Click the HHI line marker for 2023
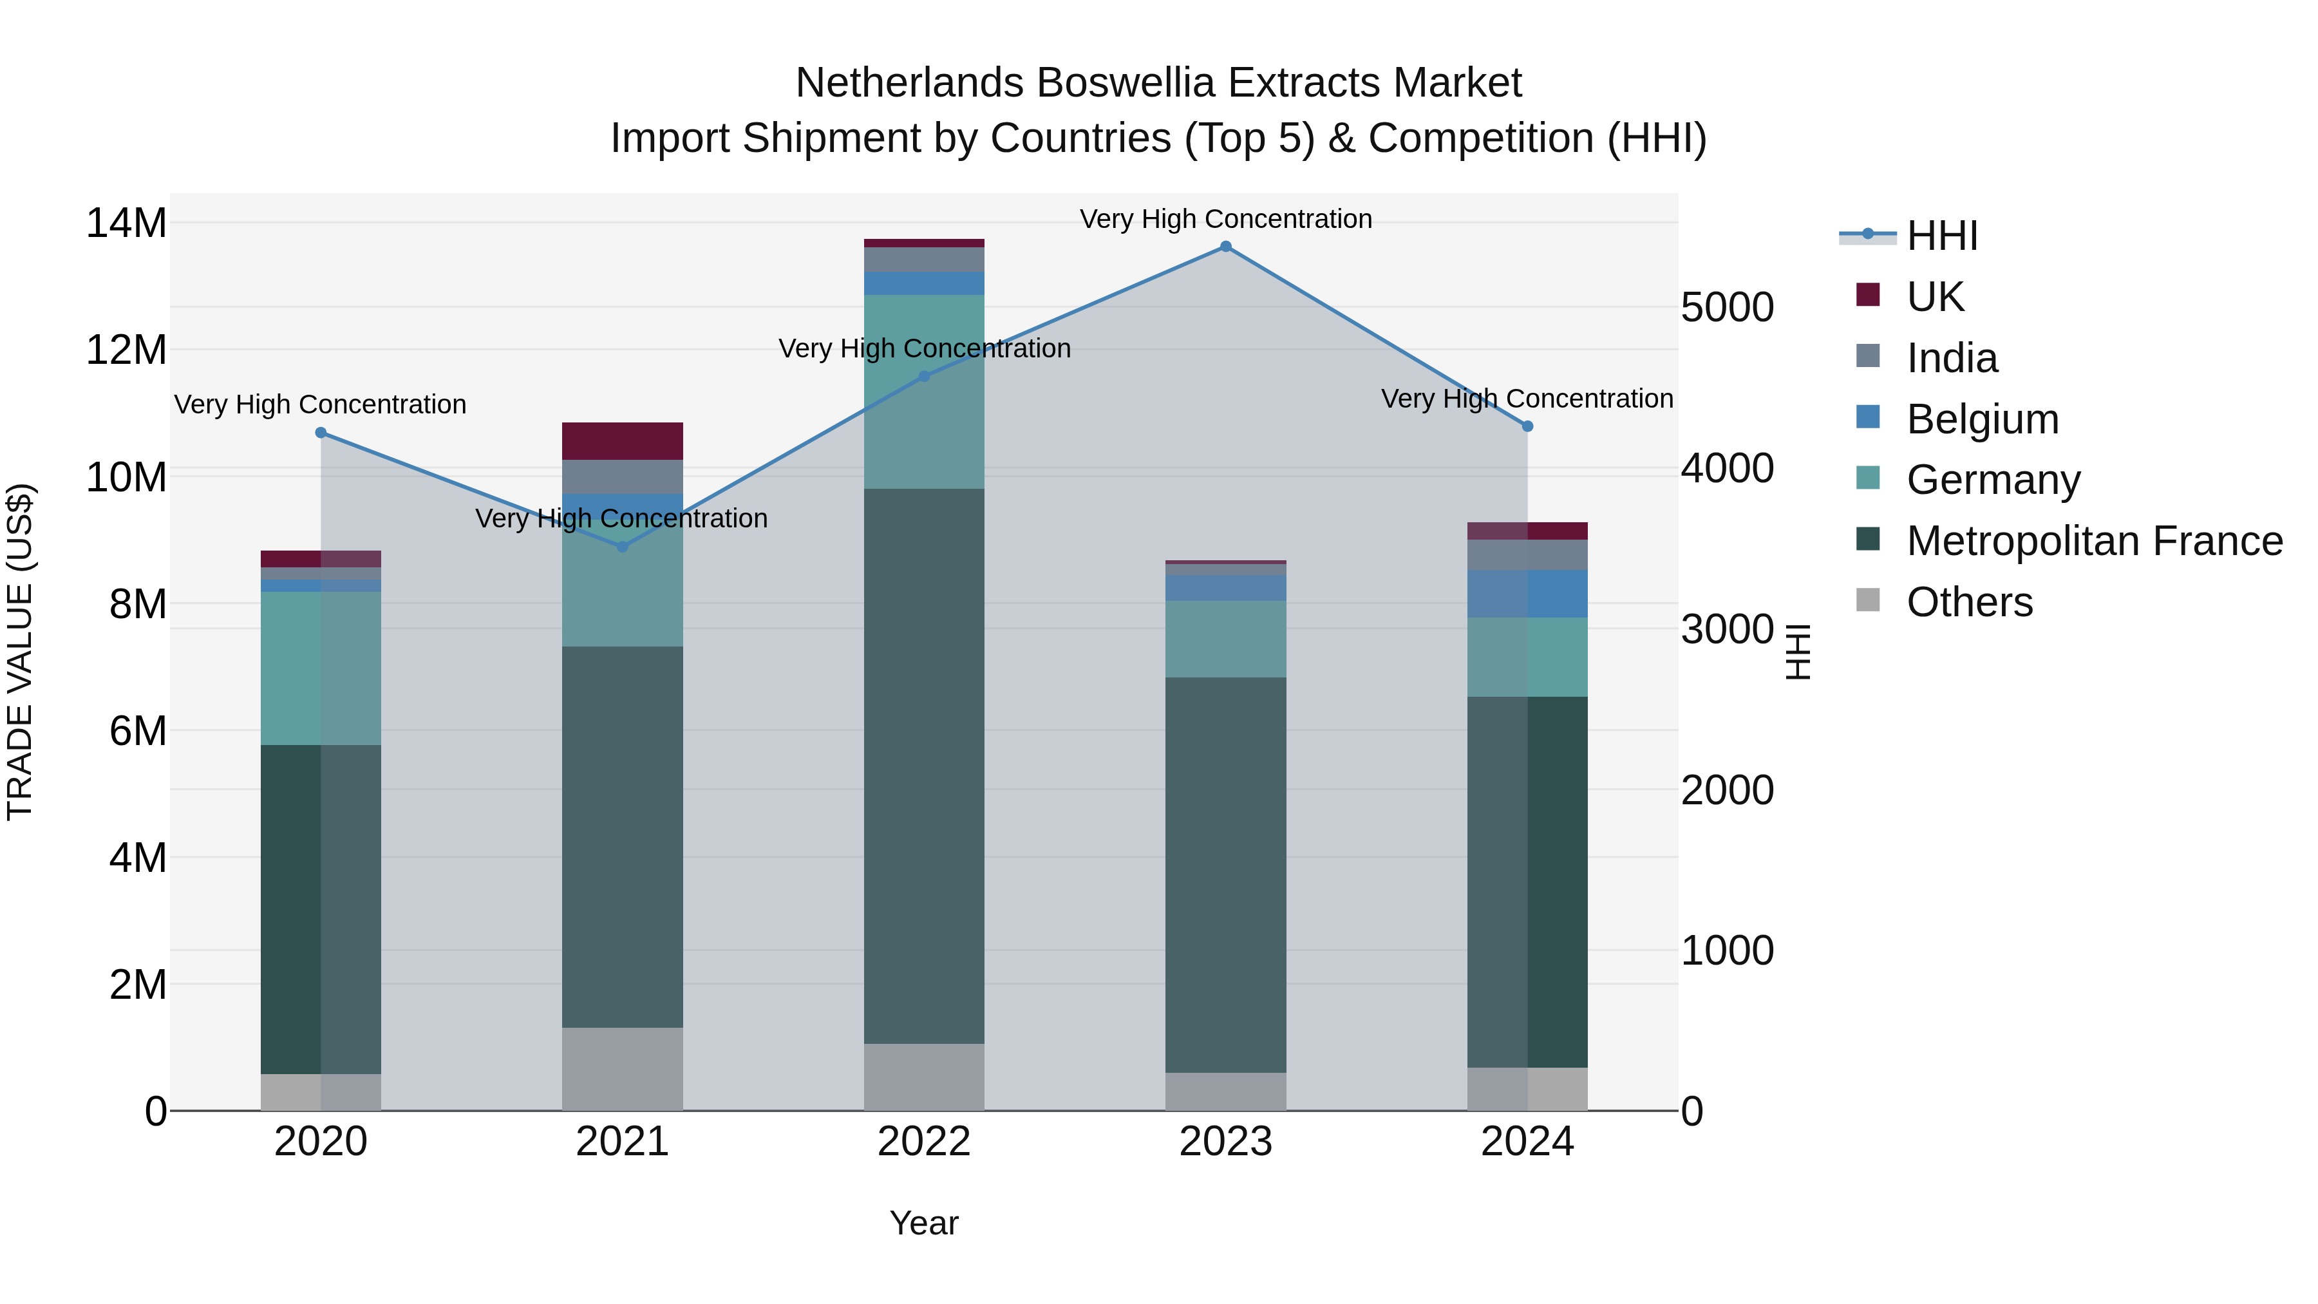click(x=1225, y=247)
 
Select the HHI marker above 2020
click(x=321, y=433)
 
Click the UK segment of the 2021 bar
click(x=623, y=441)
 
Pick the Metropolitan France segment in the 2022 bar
click(x=924, y=765)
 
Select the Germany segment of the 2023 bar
click(x=1225, y=639)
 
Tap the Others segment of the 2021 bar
click(x=623, y=1068)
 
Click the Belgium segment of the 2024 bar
click(x=1527, y=594)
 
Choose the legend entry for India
click(x=1951, y=358)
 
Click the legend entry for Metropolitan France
click(x=2093, y=541)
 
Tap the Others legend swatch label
click(x=1969, y=602)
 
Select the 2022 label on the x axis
click(x=924, y=1142)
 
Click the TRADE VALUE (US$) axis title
click(x=21, y=652)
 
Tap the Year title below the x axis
click(x=924, y=1223)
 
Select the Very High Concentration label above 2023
click(x=1225, y=219)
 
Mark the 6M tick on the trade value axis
click(x=138, y=731)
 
